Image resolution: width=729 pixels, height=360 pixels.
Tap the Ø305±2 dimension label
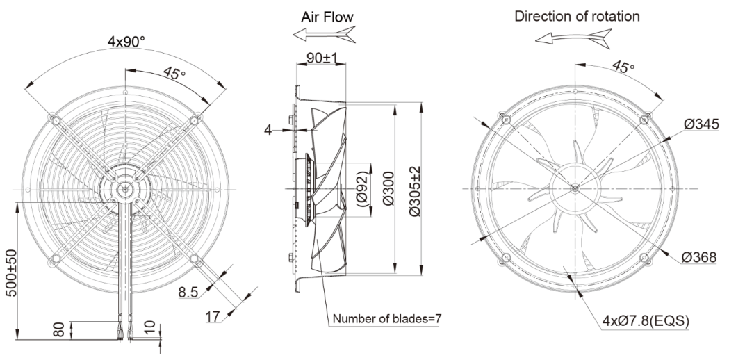(x=415, y=189)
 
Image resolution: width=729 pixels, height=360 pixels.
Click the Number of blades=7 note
(x=386, y=319)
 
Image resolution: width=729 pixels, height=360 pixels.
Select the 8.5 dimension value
(x=188, y=293)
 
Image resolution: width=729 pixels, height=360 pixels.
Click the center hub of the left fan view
(x=125, y=188)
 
